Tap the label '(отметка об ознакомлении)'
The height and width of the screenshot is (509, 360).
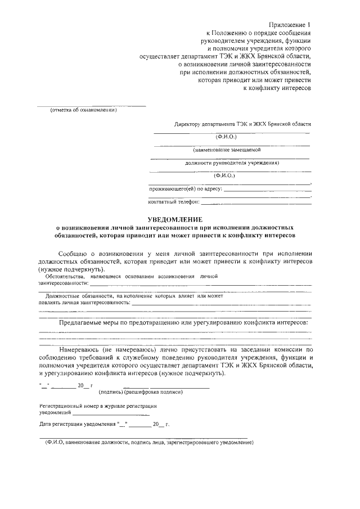[83, 110]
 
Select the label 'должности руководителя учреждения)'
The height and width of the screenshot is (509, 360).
[232, 163]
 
